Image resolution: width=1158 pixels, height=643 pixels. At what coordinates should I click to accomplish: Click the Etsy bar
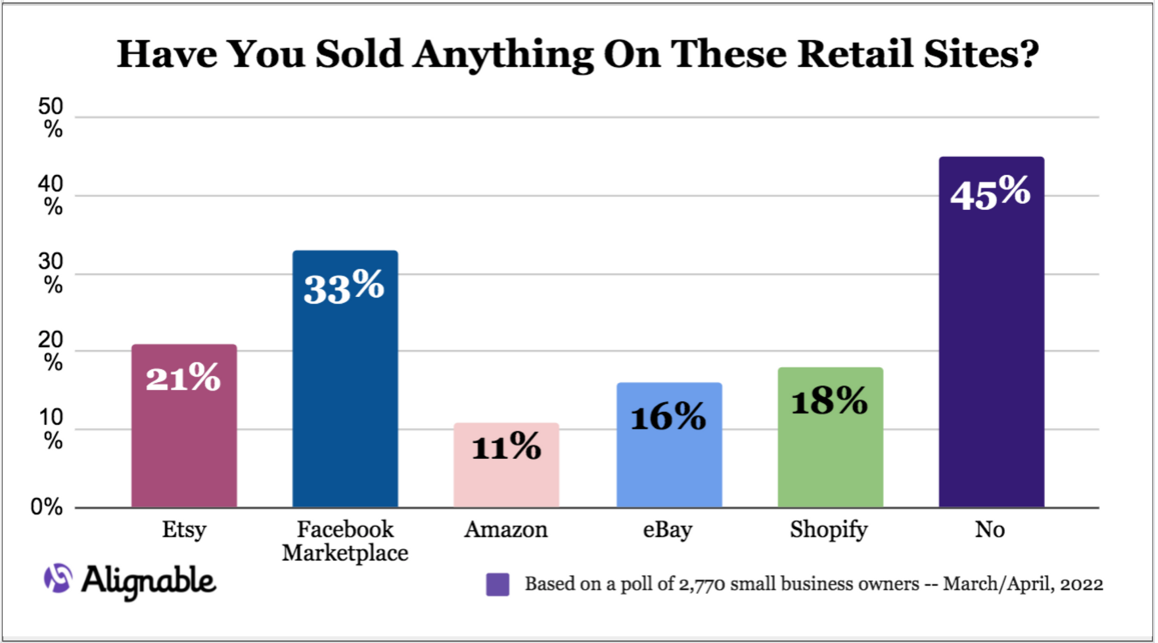click(184, 441)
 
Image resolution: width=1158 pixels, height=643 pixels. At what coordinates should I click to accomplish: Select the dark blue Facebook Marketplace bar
click(345, 396)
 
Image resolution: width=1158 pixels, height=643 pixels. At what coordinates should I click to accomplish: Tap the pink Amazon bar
click(506, 480)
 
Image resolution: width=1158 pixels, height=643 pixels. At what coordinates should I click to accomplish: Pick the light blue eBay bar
click(669, 463)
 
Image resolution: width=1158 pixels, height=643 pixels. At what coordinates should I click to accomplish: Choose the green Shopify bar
click(830, 452)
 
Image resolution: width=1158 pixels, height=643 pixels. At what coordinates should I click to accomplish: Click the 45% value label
click(991, 193)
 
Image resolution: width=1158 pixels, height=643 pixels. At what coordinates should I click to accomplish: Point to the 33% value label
click(344, 286)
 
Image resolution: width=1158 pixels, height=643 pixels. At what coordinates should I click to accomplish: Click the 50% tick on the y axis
click(51, 118)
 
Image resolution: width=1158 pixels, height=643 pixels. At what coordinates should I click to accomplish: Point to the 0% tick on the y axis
click(46, 507)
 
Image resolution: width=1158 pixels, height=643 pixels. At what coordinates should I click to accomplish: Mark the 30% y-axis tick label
click(51, 273)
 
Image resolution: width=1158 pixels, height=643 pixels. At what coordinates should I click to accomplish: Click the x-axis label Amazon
click(506, 530)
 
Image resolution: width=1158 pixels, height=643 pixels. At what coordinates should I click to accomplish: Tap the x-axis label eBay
click(668, 530)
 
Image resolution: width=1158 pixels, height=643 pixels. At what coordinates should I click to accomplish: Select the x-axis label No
click(990, 530)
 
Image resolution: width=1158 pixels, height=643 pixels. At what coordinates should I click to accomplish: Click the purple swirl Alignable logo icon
click(58, 578)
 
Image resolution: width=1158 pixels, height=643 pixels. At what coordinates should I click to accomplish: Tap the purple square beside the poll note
click(498, 584)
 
